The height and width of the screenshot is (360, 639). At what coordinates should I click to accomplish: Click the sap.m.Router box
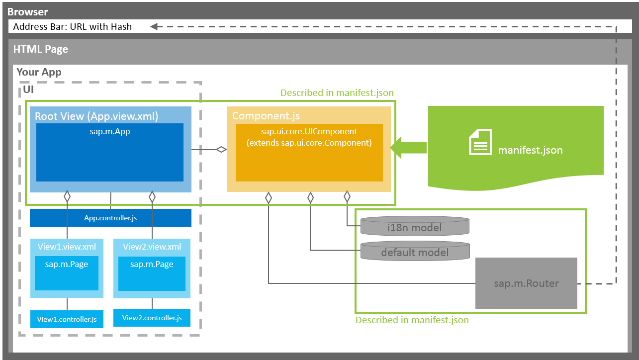(x=526, y=283)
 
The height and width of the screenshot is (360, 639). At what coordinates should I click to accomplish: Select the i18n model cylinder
(x=414, y=227)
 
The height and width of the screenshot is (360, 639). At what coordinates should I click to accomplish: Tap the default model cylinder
(x=414, y=252)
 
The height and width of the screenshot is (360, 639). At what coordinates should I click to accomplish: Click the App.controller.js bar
(x=110, y=218)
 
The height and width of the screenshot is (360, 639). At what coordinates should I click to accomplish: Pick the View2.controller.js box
(x=152, y=318)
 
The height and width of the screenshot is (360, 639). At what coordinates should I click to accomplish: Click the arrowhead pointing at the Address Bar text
(x=154, y=27)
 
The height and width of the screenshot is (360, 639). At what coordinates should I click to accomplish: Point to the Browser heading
(x=28, y=11)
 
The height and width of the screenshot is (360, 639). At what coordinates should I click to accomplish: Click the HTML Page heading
(x=40, y=49)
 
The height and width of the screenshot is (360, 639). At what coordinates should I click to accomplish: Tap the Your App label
(x=39, y=72)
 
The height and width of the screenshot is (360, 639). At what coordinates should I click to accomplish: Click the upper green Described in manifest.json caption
(x=337, y=93)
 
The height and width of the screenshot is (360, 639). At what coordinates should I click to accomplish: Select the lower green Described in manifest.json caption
(x=412, y=320)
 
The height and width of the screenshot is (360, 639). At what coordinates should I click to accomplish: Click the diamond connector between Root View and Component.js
(x=221, y=149)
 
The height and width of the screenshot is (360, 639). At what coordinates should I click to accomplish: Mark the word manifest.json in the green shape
(x=530, y=150)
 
